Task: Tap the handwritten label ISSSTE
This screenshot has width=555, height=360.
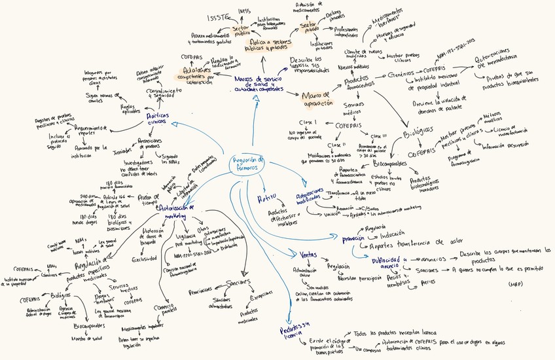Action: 217,17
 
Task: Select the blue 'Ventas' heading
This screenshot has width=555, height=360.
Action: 308,253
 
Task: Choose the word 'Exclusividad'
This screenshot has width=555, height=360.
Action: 143,259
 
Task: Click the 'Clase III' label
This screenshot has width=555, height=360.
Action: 379,135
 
